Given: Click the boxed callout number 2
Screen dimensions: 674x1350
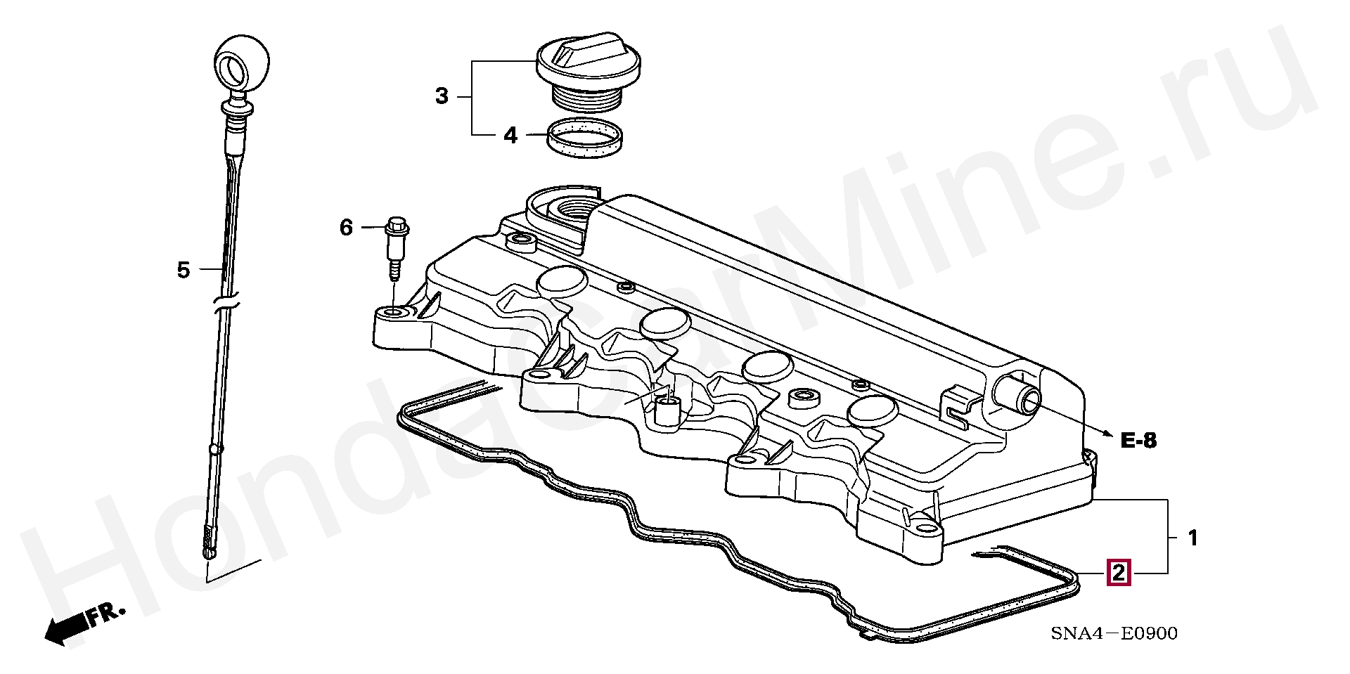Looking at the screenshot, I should pos(1118,573).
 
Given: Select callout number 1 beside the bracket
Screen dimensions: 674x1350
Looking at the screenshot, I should pos(1192,538).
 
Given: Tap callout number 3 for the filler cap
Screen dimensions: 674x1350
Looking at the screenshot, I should pos(442,96).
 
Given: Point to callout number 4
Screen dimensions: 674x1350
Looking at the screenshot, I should pos(510,135).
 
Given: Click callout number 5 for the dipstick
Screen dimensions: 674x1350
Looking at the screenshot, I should pos(184,270).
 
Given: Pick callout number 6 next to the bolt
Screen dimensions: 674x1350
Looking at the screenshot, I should pos(346,228).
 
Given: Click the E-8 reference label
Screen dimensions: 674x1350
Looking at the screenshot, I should pos(1138,441).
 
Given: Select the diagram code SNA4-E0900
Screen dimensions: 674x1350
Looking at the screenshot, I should pos(1114,634).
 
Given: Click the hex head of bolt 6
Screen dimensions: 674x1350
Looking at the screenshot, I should pos(397,226).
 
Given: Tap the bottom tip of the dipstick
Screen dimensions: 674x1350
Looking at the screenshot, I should pos(209,554).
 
